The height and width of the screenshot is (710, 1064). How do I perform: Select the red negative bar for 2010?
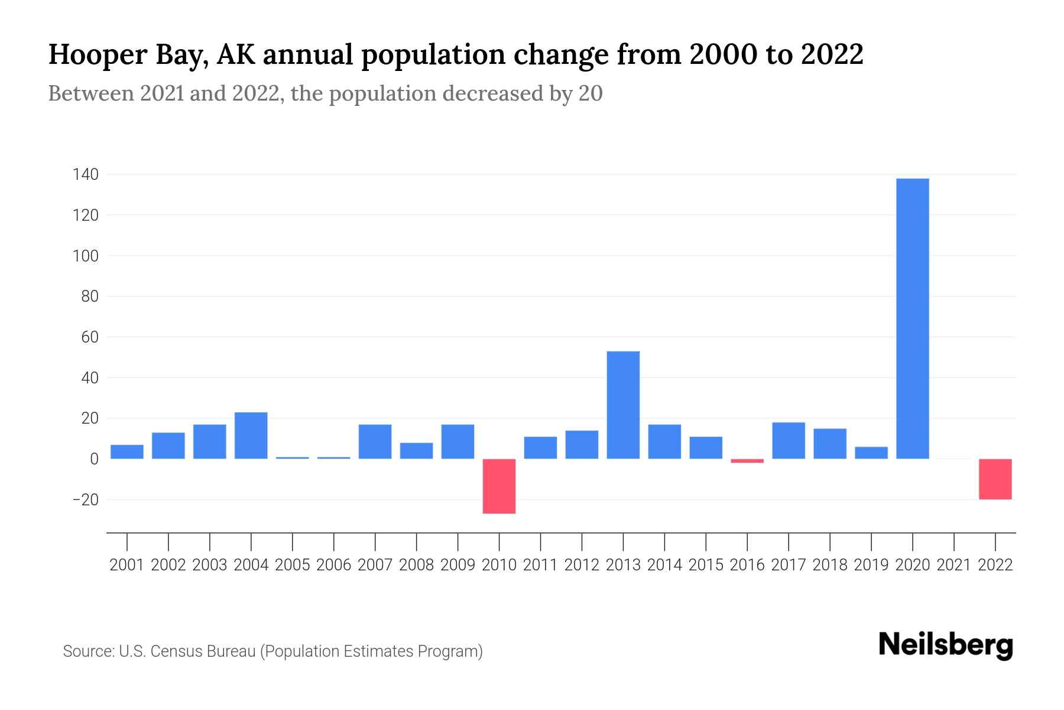[x=499, y=486]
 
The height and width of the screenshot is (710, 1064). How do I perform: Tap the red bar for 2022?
[x=995, y=479]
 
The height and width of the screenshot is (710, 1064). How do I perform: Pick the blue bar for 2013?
[x=623, y=405]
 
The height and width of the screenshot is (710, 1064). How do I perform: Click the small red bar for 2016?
[x=747, y=460]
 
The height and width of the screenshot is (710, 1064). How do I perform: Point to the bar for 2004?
[x=251, y=435]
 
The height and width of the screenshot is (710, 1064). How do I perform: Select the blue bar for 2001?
[x=126, y=451]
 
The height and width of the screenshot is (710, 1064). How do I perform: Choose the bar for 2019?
[x=871, y=453]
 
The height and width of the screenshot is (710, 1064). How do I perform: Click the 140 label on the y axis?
[x=86, y=175]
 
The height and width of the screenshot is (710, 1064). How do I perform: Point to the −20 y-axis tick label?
[x=85, y=499]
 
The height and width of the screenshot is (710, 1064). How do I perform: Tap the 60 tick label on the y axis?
[x=90, y=337]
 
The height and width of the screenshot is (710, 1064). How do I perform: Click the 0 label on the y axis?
[x=94, y=459]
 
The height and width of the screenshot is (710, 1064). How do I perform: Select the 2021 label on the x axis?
[x=953, y=565]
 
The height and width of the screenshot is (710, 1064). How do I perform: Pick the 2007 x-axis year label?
[x=375, y=565]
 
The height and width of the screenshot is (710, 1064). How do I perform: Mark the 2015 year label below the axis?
[x=706, y=565]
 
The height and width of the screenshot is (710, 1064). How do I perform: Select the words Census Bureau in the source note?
[x=202, y=651]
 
